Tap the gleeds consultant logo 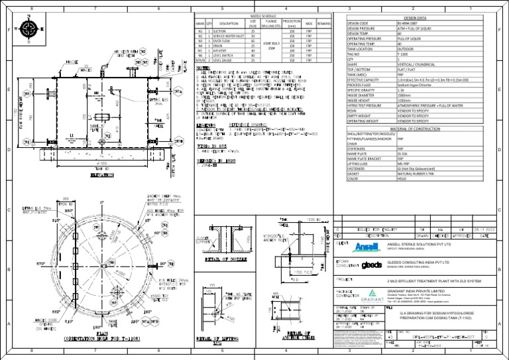[373, 265]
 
